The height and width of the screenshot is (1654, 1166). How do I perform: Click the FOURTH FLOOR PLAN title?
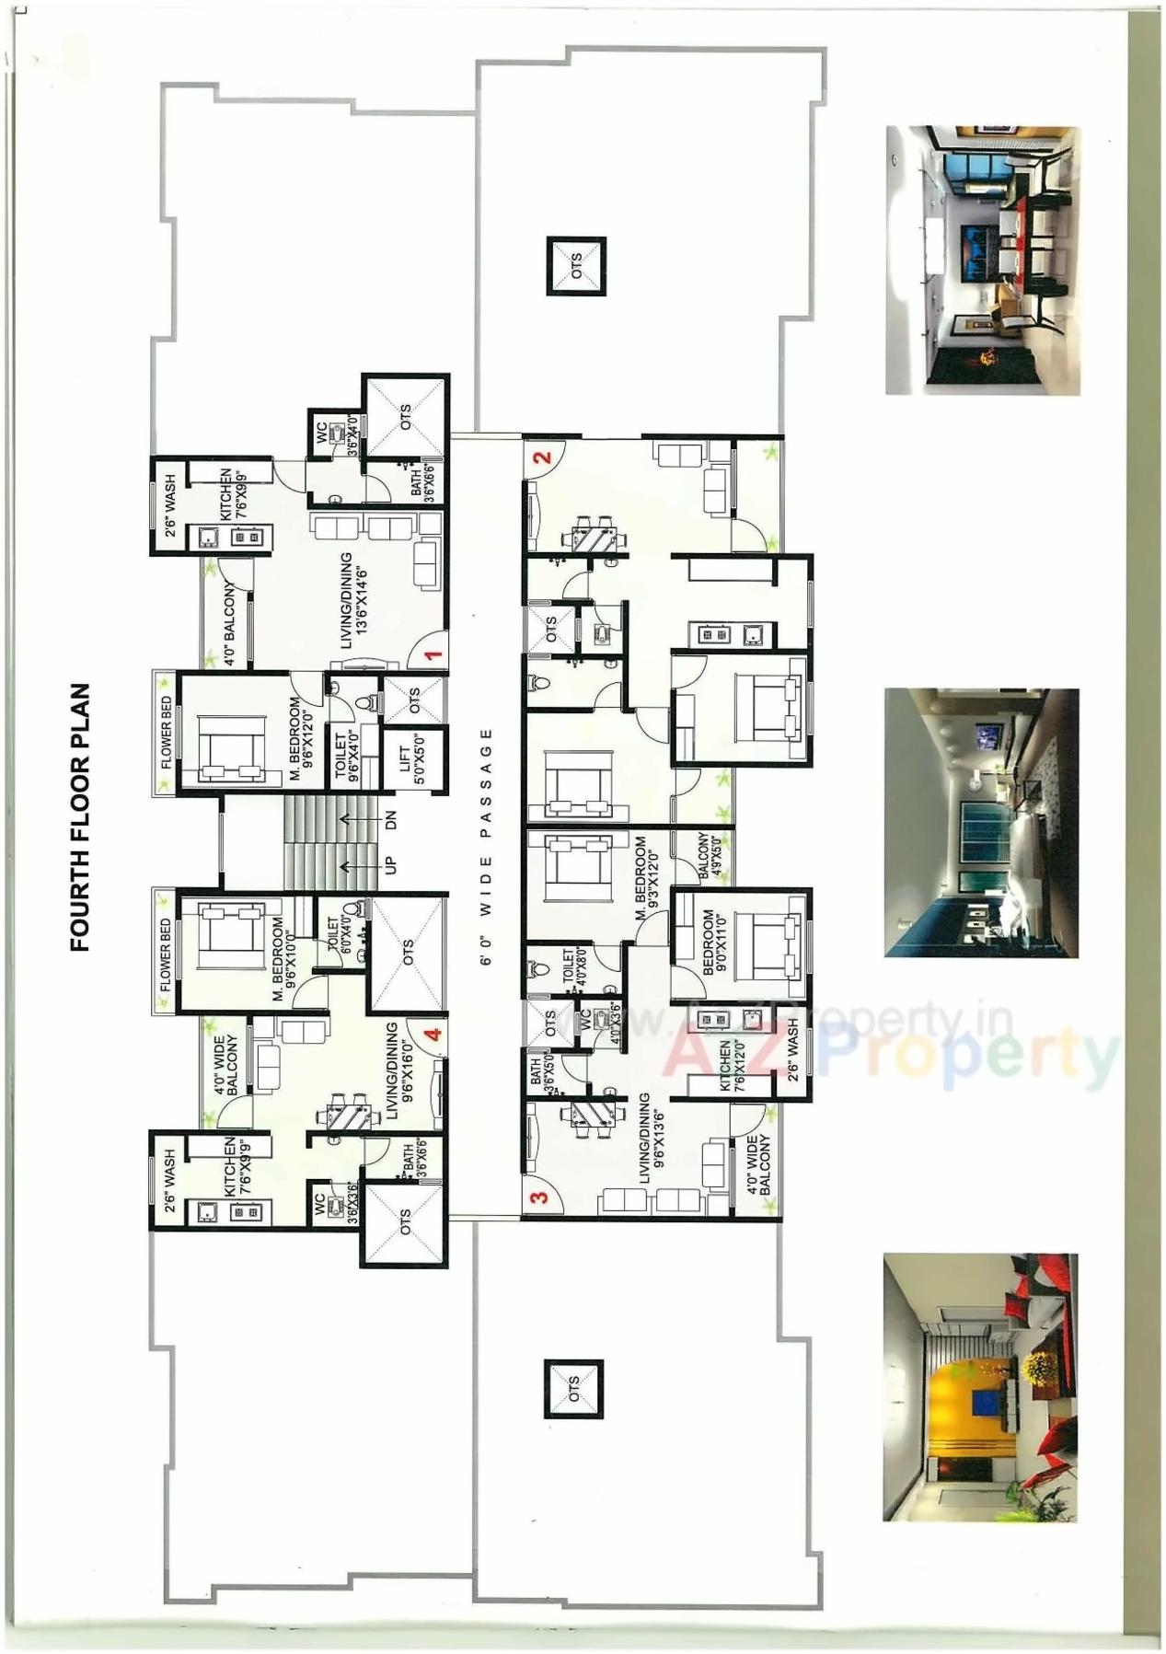[x=80, y=816]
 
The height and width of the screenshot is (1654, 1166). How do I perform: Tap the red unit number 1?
[x=433, y=655]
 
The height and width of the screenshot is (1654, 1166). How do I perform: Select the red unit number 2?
[x=543, y=457]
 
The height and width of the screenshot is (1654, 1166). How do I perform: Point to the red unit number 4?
[x=432, y=1033]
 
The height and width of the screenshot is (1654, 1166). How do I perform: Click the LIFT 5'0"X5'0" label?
[x=413, y=759]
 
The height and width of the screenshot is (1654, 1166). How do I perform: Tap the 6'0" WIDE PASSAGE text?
[x=486, y=846]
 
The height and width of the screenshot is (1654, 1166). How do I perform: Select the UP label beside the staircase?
[x=390, y=866]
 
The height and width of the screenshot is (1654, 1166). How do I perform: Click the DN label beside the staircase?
[x=390, y=820]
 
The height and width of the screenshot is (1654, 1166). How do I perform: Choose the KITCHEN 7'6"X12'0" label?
[x=732, y=1066]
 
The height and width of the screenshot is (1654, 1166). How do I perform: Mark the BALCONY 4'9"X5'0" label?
[x=710, y=856]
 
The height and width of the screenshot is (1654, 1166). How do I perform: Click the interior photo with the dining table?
[x=982, y=260]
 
